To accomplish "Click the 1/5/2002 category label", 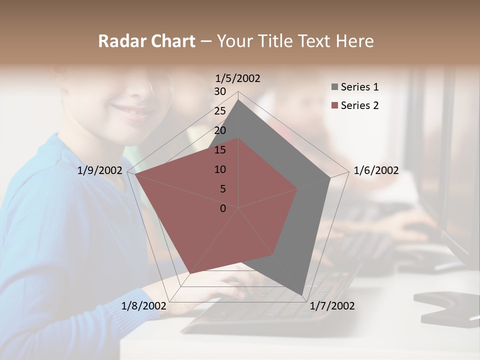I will (x=237, y=78).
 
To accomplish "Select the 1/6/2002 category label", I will (x=376, y=171).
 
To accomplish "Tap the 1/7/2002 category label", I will (x=332, y=306).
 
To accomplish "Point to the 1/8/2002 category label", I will (x=143, y=306).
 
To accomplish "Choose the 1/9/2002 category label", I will (x=99, y=171).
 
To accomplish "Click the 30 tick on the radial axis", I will (x=220, y=91).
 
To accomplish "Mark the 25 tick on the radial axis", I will (x=220, y=111).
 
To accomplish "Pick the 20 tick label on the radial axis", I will (x=220, y=130).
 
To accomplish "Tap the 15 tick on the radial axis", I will (x=220, y=150).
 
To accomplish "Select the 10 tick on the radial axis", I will (x=220, y=169).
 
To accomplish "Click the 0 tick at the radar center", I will (x=223, y=208).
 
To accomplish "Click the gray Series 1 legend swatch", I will (x=334, y=87).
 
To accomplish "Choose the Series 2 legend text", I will (x=359, y=105).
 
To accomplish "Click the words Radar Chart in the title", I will (x=146, y=41).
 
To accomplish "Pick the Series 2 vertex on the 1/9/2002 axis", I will (x=135, y=174).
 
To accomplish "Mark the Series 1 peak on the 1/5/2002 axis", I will (x=238, y=100).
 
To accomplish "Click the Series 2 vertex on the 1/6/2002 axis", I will (x=297, y=189).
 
